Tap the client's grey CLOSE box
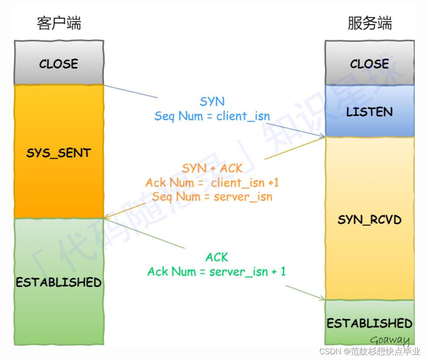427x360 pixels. tap(59, 64)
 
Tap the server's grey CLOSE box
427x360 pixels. tap(369, 64)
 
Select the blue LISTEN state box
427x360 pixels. tap(369, 112)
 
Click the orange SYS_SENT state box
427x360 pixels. tap(59, 153)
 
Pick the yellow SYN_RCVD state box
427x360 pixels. tap(369, 219)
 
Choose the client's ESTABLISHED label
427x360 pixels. tap(59, 282)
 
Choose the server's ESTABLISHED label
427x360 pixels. tap(369, 323)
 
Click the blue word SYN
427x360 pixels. tap(212, 102)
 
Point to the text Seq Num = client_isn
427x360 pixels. tap(212, 116)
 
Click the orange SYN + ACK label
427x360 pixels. tap(212, 168)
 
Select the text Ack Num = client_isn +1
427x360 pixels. tap(212, 183)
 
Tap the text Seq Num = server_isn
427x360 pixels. tap(212, 197)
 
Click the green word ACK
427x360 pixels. tap(217, 257)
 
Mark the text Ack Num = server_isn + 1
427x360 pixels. tap(217, 272)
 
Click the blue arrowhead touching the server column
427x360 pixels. tap(322, 136)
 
